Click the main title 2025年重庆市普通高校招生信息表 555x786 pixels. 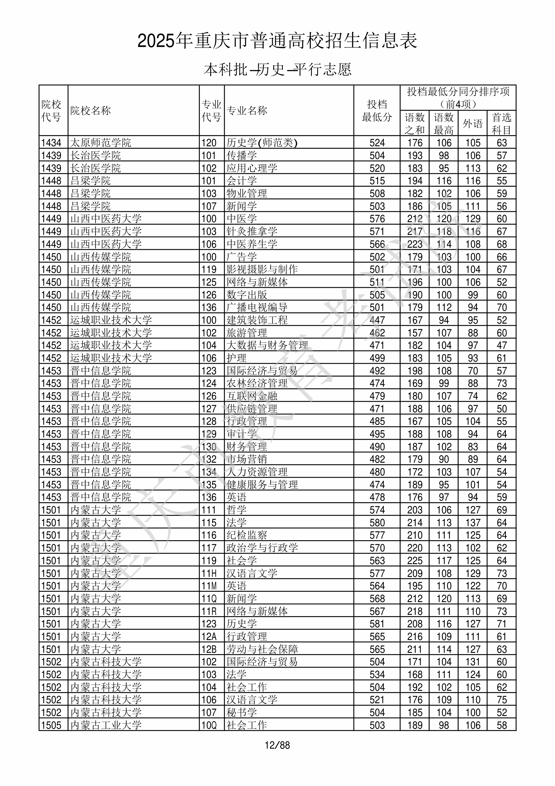tap(277, 41)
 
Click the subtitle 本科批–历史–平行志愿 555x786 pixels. tap(277, 69)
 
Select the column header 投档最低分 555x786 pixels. tap(377, 110)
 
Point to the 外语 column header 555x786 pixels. tap(473, 123)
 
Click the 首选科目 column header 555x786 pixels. tap(501, 123)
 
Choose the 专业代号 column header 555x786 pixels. tap(211, 110)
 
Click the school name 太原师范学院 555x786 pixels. tap(101, 143)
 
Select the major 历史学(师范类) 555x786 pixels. tap(262, 143)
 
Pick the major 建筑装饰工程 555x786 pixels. tap(257, 320)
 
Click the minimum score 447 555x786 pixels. tap(377, 320)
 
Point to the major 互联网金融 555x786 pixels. tap(252, 396)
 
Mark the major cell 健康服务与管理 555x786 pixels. tap(262, 485)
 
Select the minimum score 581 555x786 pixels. tap(377, 624)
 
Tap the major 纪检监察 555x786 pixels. tap(247, 536)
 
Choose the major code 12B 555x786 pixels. tap(209, 649)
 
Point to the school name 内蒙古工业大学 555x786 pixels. tap(106, 725)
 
